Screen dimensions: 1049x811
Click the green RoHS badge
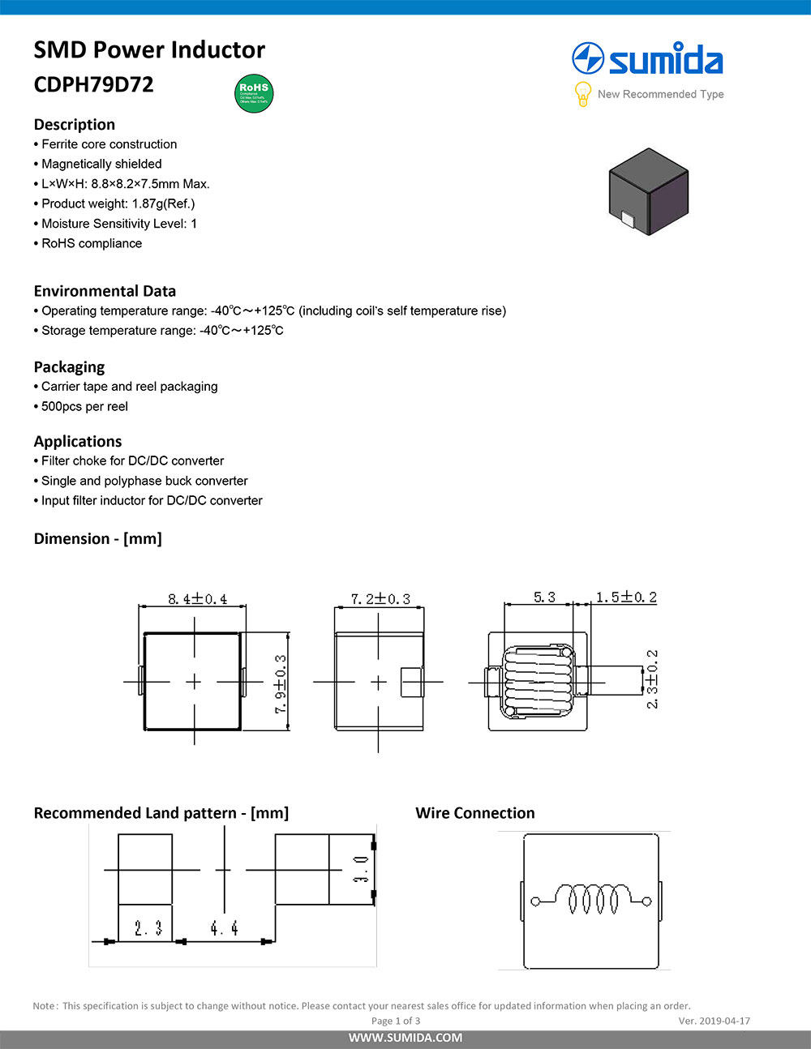254,93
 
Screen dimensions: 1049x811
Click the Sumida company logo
647,60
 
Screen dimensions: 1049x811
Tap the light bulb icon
582,94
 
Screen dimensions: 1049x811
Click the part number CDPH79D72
93,84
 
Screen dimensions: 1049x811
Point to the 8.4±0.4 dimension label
197,599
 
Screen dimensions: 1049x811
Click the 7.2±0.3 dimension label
380,599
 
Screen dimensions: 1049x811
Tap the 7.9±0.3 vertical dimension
280,683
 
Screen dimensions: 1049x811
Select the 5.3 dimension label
544,597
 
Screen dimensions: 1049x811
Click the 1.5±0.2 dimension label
626,597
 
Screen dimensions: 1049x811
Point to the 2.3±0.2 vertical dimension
652,679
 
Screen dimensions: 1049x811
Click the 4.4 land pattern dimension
224,928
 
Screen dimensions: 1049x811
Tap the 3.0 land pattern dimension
361,868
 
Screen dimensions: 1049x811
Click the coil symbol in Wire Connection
590,899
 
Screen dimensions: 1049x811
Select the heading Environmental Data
105,291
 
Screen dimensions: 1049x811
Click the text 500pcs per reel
84,406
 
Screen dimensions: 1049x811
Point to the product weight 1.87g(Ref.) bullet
118,203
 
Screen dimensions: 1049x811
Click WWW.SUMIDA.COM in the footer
405,1038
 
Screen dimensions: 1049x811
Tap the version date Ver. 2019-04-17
714,1021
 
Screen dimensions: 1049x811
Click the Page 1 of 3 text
396,1021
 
